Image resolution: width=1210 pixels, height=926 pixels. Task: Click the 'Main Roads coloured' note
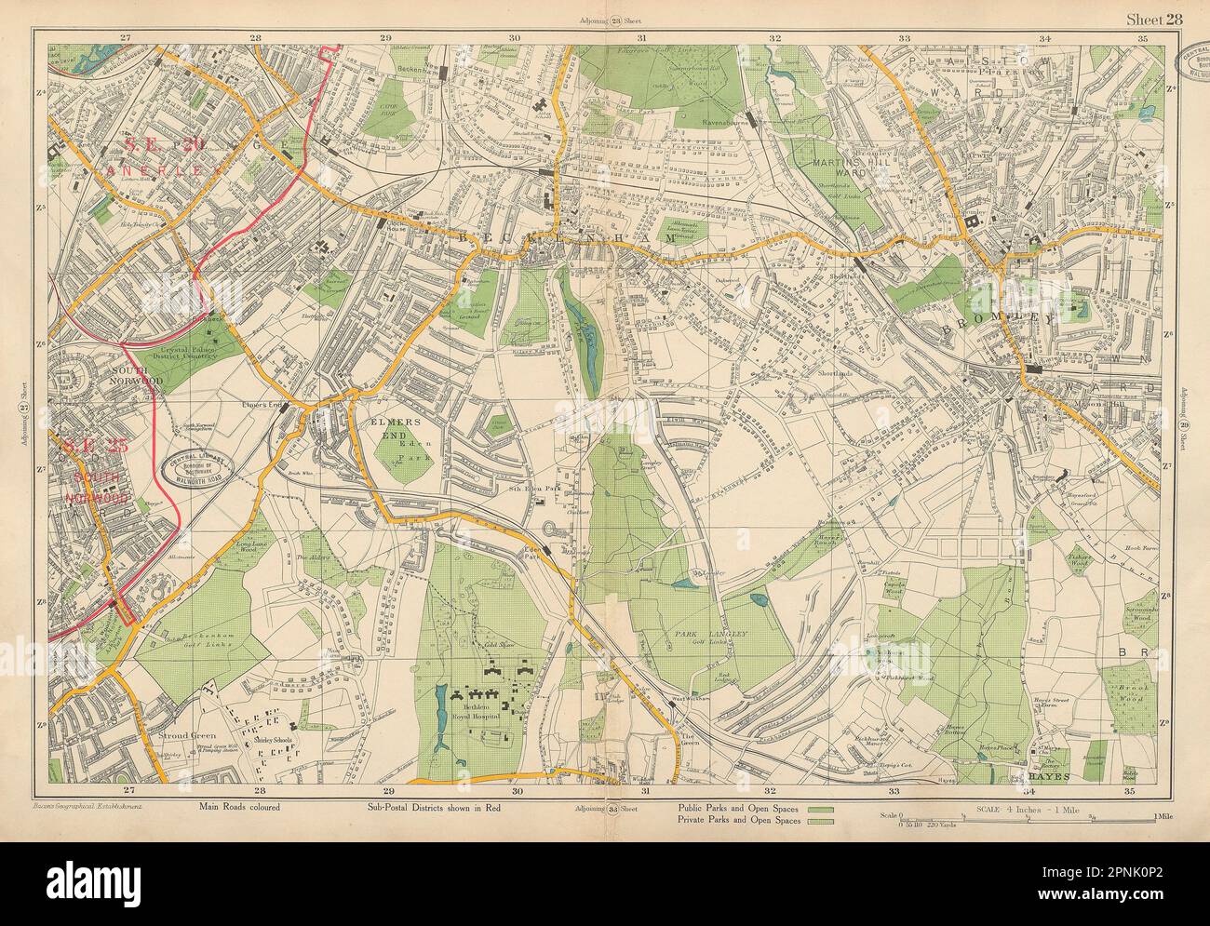tap(239, 808)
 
